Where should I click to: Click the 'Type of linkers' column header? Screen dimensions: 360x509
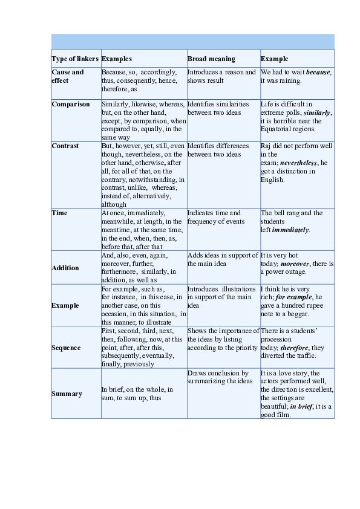75,59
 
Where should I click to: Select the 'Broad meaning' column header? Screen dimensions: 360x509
211,59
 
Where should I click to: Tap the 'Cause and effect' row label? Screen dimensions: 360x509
68,76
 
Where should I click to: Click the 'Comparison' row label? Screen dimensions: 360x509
71,104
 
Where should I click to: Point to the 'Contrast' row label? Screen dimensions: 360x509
65,146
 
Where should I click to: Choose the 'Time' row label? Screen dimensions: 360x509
60,213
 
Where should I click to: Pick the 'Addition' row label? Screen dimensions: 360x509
65,268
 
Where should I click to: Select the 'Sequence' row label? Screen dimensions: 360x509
67,348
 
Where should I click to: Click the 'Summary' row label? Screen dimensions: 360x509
67,394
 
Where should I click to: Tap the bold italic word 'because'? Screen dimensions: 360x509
318,73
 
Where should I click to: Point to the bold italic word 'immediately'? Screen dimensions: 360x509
290,230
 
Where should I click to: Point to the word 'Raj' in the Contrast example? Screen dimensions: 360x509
267,146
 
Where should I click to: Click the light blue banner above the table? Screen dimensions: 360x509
193,41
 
